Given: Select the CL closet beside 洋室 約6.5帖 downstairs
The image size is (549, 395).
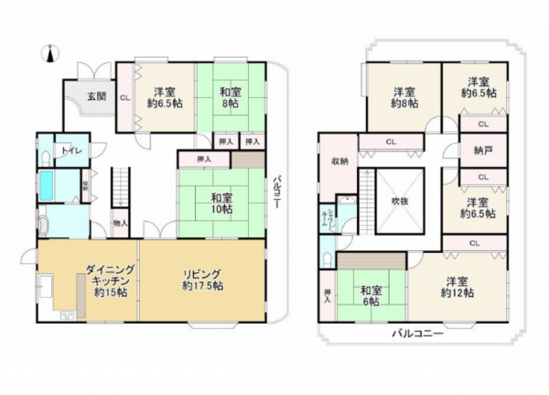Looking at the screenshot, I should (x=124, y=96).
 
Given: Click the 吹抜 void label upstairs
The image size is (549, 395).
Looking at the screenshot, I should (x=399, y=199).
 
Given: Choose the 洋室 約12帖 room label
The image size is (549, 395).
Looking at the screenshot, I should (x=456, y=288).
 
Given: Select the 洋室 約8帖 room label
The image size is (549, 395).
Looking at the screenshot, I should (x=405, y=97).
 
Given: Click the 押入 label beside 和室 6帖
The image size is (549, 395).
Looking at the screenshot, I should (x=327, y=294).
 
